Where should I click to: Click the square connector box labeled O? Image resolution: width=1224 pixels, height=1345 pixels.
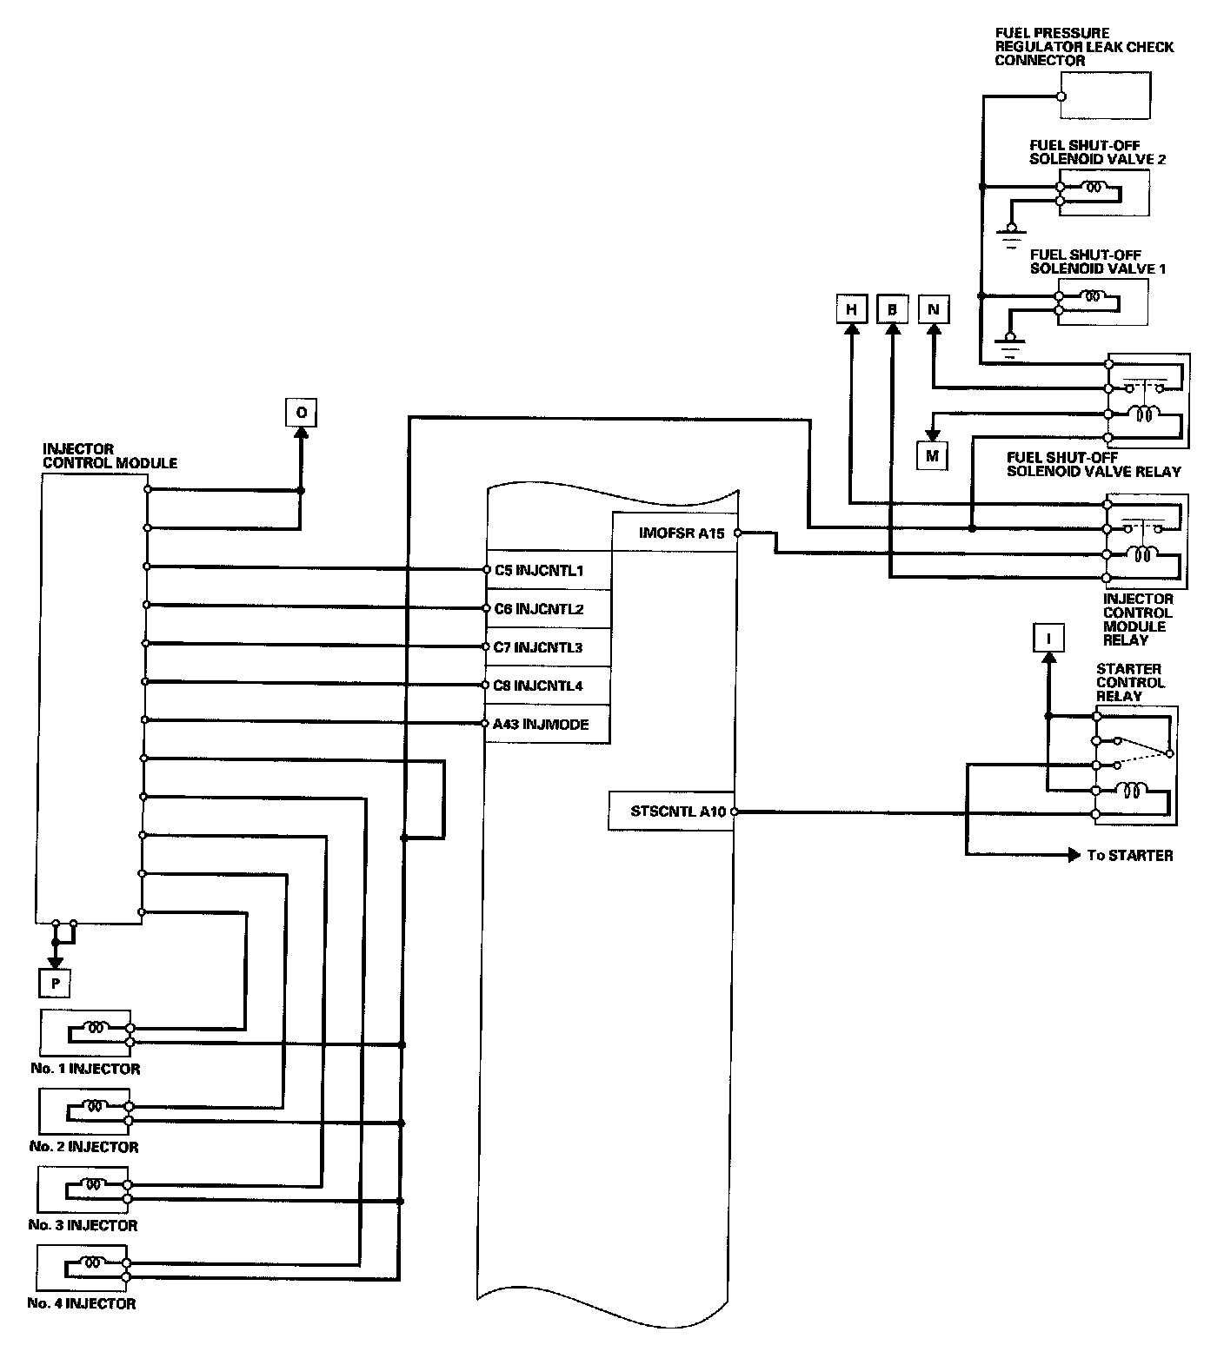click(x=301, y=413)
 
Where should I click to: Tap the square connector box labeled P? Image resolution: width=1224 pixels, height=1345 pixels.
click(x=55, y=983)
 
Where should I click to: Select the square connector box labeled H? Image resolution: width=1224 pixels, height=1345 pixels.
click(x=851, y=309)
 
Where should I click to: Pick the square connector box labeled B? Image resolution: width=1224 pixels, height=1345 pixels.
click(x=892, y=309)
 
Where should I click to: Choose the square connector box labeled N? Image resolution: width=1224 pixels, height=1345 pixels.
click(x=934, y=309)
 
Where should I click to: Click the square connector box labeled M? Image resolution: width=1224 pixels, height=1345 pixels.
click(x=933, y=455)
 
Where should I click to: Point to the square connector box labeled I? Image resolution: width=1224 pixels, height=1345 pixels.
click(x=1048, y=639)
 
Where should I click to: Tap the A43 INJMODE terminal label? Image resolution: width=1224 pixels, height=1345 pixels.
click(x=541, y=724)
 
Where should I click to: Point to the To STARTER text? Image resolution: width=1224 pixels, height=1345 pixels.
click(x=1129, y=856)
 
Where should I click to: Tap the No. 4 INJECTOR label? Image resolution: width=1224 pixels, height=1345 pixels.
click(x=82, y=1303)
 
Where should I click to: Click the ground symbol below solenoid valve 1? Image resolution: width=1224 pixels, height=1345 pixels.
click(x=1009, y=346)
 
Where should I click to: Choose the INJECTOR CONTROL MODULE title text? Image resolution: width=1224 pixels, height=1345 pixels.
click(x=110, y=456)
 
